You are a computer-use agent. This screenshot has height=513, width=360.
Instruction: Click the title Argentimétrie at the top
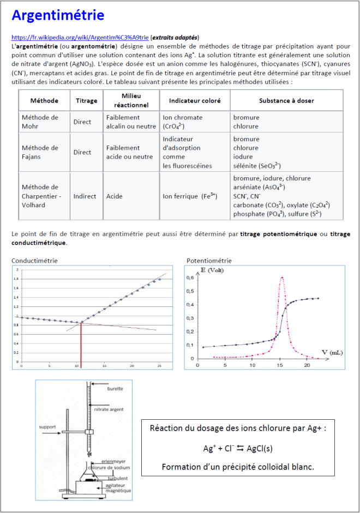pos(58,15)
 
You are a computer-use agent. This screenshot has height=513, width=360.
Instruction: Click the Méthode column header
pos(45,101)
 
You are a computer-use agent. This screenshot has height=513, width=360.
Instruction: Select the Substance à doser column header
pos(286,101)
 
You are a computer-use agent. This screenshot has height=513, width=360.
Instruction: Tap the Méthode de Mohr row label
pos(40,122)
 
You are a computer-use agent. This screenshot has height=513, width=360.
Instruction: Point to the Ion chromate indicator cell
pos(183,122)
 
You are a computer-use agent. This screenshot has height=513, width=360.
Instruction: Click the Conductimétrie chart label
pos(34,261)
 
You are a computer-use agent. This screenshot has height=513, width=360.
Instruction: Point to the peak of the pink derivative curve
pos(281,277)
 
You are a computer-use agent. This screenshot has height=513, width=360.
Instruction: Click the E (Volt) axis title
pos(213,270)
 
